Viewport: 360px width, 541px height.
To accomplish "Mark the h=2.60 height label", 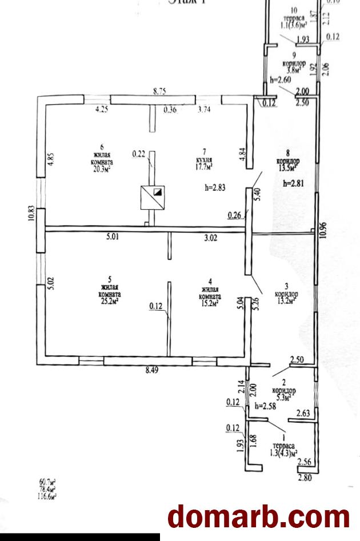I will coord(281,80).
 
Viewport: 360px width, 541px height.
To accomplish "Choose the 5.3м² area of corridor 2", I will coord(283,396).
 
